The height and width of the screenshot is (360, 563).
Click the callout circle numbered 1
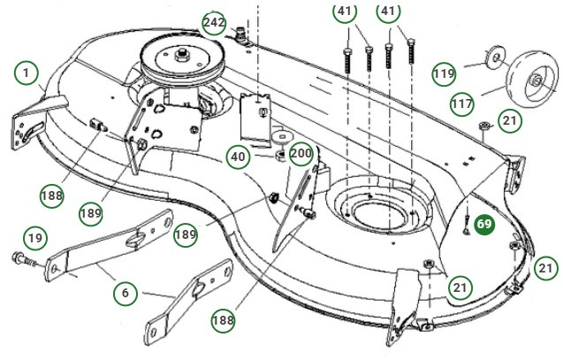(x=27, y=73)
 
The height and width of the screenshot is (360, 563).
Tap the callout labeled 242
(x=214, y=23)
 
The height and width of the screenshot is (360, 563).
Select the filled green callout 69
(x=484, y=225)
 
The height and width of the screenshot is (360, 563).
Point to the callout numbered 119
(x=445, y=73)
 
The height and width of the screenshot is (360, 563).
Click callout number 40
(x=239, y=157)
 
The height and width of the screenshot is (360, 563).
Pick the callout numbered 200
(x=301, y=154)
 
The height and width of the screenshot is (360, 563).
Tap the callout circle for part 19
(x=34, y=237)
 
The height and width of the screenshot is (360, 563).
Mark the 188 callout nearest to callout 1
(x=52, y=194)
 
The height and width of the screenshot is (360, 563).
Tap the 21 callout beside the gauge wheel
(x=510, y=120)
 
